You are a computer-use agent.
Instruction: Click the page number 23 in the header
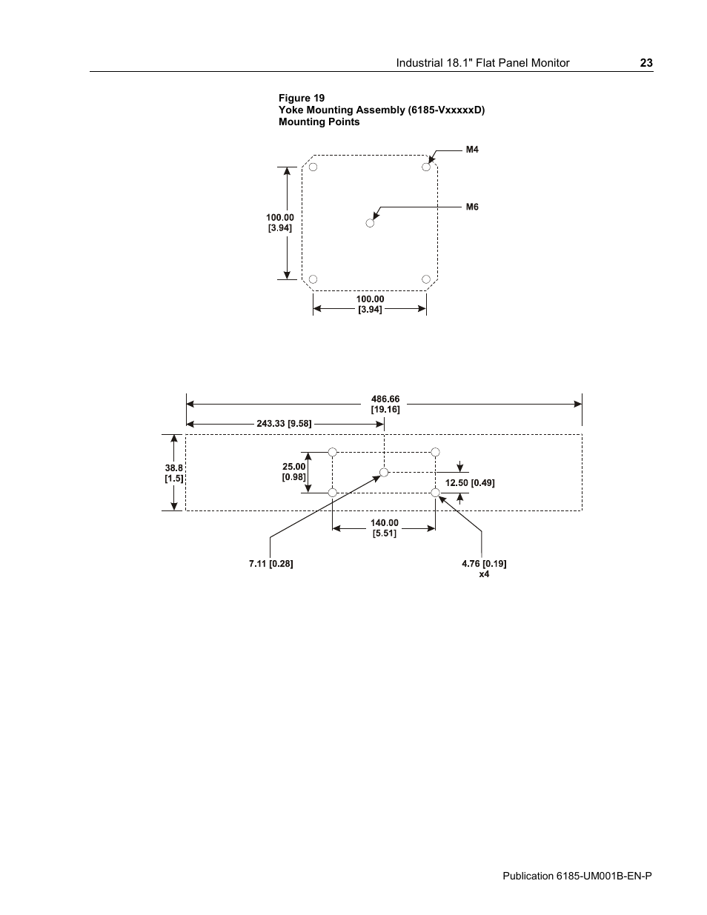(x=646, y=63)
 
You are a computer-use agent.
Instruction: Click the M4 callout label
(x=472, y=150)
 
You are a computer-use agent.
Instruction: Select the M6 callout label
(x=472, y=207)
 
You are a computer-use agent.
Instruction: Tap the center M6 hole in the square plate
(x=371, y=222)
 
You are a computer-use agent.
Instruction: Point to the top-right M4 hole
(x=426, y=167)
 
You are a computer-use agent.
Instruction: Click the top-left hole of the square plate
(x=313, y=167)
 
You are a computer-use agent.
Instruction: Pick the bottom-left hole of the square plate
(x=313, y=279)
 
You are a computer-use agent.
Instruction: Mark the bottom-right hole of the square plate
(x=426, y=279)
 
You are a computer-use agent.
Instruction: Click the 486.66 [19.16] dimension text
(x=385, y=405)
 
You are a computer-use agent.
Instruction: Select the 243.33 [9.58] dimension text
(x=284, y=424)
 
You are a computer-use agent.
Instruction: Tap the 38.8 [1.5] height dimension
(x=174, y=473)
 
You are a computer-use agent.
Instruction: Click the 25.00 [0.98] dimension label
(x=294, y=471)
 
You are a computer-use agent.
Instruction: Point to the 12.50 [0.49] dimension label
(x=470, y=483)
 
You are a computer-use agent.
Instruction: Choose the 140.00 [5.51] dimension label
(x=384, y=528)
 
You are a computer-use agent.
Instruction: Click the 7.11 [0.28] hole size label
(x=270, y=564)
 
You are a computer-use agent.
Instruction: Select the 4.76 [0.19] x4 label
(x=484, y=568)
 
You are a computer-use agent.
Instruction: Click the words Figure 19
(x=302, y=98)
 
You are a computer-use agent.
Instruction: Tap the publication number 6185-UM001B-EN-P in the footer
(x=577, y=876)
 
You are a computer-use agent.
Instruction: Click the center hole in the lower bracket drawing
(x=384, y=472)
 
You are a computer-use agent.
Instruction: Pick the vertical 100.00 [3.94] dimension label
(x=280, y=222)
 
